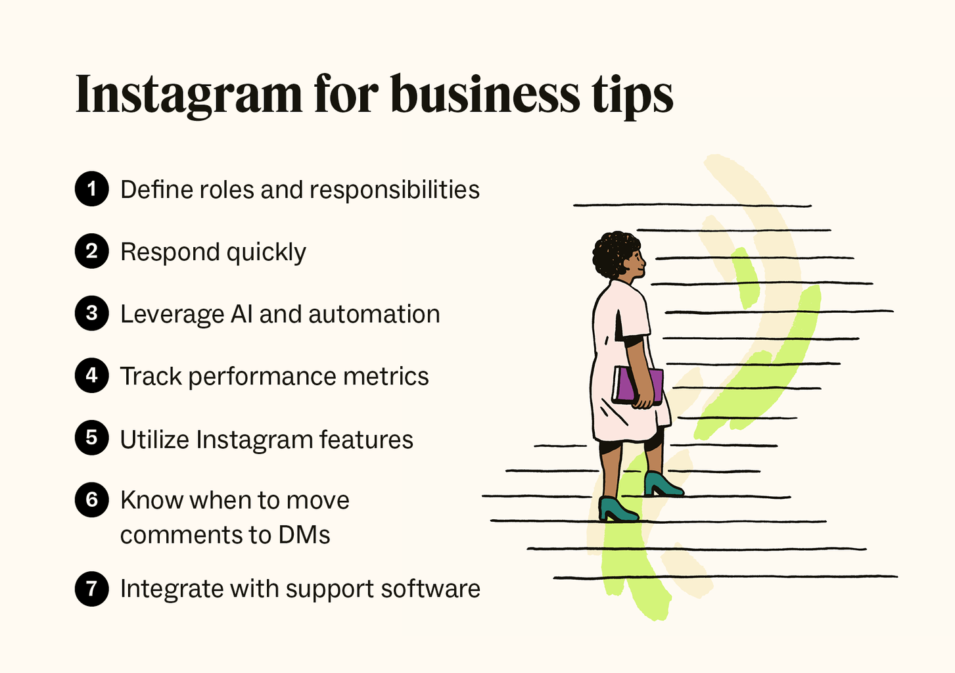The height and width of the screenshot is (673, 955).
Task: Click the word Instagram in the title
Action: pyautogui.click(x=189, y=95)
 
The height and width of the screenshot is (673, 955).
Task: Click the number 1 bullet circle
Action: pyautogui.click(x=91, y=189)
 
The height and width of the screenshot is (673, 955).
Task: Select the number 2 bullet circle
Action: pyautogui.click(x=91, y=251)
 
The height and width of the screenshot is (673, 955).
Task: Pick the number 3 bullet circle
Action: pyautogui.click(x=91, y=313)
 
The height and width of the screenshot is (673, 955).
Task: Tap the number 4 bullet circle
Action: pyautogui.click(x=91, y=375)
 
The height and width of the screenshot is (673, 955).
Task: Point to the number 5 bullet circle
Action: pyautogui.click(x=91, y=438)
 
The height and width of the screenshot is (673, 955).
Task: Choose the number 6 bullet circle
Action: pyautogui.click(x=91, y=500)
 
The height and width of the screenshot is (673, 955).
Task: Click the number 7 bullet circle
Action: pyautogui.click(x=91, y=589)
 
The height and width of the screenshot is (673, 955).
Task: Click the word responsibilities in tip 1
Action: pyautogui.click(x=394, y=191)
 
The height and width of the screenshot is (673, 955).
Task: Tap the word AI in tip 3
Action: pyautogui.click(x=242, y=314)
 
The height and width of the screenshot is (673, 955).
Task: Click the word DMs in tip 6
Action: pyautogui.click(x=304, y=535)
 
